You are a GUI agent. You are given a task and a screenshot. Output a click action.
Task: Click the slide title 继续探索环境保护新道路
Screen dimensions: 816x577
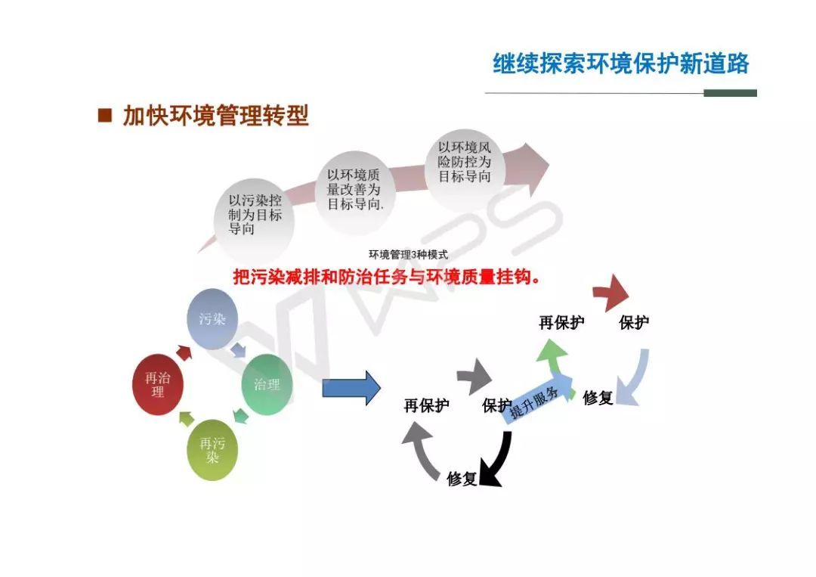click(x=620, y=64)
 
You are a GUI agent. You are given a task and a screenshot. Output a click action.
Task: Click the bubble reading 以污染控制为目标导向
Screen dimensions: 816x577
click(x=254, y=215)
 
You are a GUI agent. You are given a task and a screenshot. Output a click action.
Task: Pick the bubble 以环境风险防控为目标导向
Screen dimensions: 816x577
click(x=465, y=163)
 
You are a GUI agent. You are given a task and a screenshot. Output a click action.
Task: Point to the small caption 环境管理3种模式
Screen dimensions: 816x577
click(x=407, y=255)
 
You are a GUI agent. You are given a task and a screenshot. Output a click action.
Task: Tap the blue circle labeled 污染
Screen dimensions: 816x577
click(x=212, y=319)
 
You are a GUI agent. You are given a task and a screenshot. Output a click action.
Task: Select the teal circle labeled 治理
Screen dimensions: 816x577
click(x=267, y=384)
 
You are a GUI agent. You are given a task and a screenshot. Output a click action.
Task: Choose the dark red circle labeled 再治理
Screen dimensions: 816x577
click(x=157, y=384)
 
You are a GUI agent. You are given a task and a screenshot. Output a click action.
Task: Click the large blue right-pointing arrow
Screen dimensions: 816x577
click(x=351, y=388)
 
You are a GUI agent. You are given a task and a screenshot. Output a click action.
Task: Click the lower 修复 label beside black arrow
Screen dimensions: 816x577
click(x=462, y=479)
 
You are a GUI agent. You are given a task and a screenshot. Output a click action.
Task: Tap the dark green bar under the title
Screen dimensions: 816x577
click(x=730, y=93)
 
